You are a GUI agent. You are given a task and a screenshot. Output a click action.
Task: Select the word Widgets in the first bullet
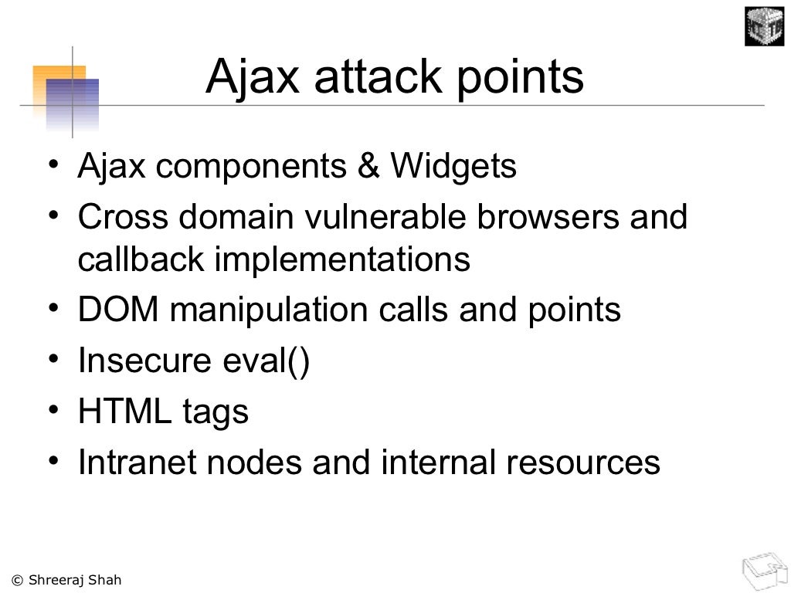453,166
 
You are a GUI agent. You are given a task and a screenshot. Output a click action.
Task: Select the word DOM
117,310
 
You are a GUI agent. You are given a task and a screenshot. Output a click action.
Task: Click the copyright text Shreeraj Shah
66,580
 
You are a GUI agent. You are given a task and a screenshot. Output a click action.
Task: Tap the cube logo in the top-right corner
763,26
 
